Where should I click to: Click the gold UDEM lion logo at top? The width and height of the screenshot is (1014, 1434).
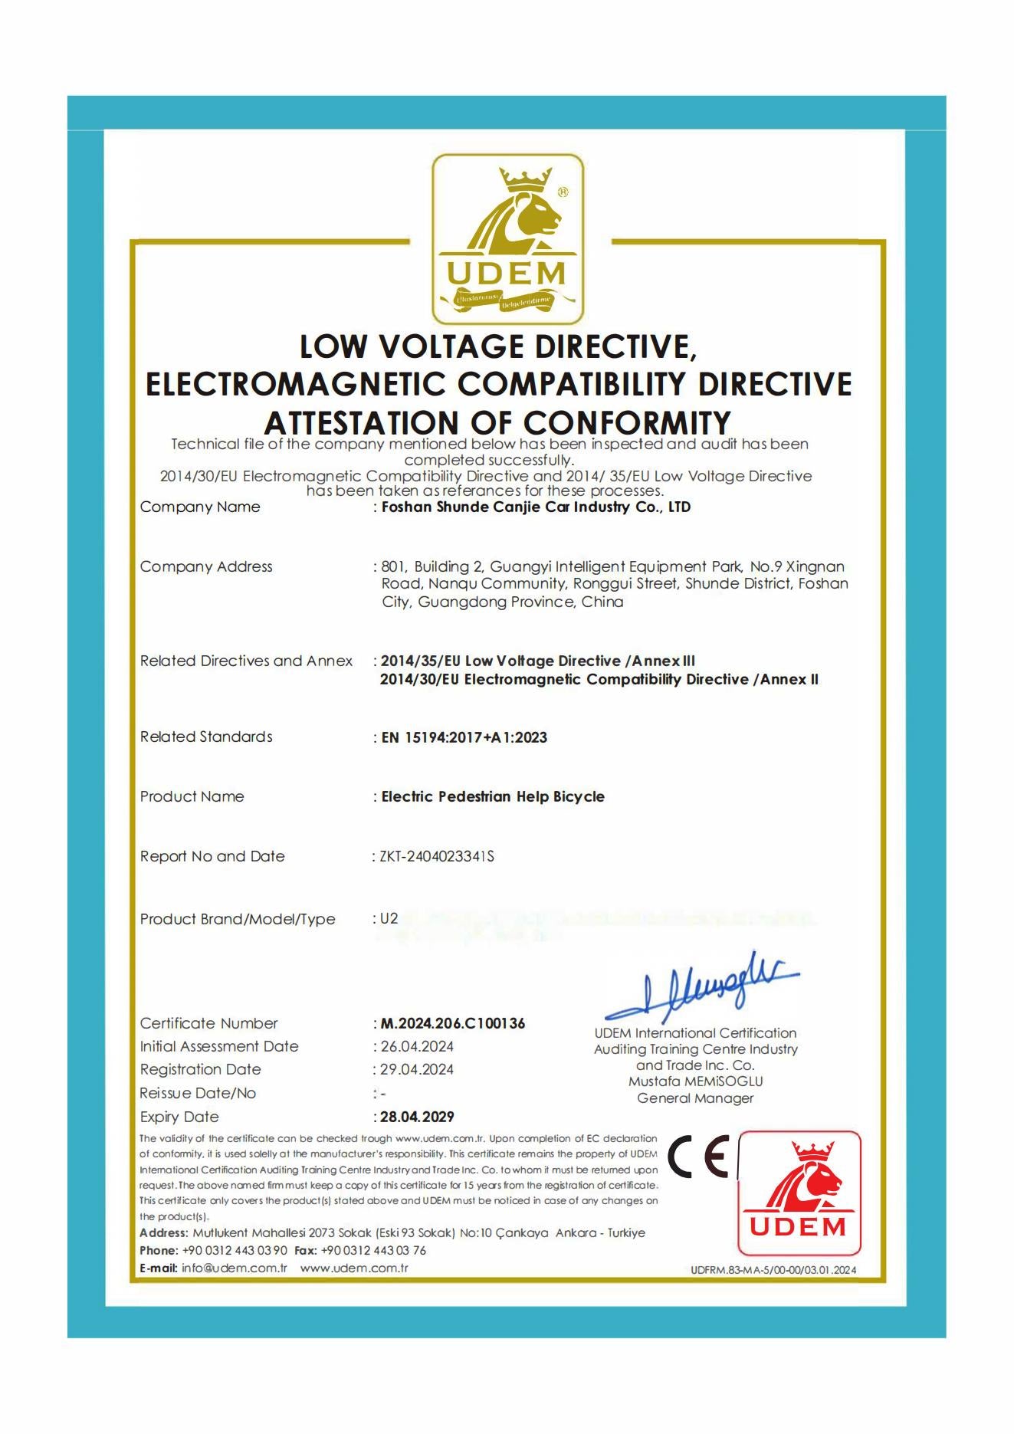click(x=507, y=239)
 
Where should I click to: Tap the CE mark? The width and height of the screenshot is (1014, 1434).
click(x=698, y=1157)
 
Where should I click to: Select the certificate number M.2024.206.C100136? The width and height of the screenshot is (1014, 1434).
click(x=453, y=1023)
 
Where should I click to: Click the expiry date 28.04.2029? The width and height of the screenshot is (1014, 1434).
click(x=418, y=1117)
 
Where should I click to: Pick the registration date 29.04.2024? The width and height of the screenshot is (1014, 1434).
click(x=417, y=1069)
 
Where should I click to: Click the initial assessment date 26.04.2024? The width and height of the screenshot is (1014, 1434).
click(x=417, y=1046)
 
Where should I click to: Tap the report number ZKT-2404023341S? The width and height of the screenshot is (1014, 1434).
click(x=437, y=856)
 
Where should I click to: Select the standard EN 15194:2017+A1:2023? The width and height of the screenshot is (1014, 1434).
click(x=464, y=737)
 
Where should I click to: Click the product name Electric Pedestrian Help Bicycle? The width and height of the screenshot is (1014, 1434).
click(x=493, y=796)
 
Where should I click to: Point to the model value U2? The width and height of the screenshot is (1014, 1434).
click(x=389, y=918)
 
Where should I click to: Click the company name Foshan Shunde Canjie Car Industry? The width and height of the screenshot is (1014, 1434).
click(x=536, y=507)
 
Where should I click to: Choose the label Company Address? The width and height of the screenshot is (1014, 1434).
click(x=206, y=566)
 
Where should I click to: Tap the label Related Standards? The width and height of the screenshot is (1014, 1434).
click(x=206, y=737)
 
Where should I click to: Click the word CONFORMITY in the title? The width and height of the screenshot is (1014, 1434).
click(x=627, y=422)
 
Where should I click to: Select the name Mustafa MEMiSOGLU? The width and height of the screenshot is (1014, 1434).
click(x=695, y=1081)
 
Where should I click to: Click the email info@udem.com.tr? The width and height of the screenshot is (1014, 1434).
click(x=234, y=1268)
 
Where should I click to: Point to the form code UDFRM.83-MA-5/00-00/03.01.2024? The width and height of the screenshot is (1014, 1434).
click(x=773, y=1270)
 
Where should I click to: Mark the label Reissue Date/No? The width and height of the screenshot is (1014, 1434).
click(x=198, y=1093)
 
